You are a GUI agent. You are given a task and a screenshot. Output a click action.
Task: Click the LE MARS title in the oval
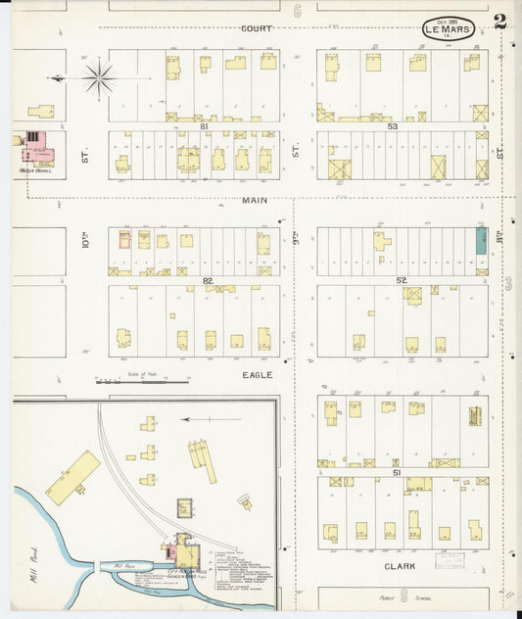click(x=449, y=28)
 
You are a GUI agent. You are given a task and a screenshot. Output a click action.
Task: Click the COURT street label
click(x=256, y=28)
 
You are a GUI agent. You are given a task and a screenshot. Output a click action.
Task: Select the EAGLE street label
click(x=256, y=374)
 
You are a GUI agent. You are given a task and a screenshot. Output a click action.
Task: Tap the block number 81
click(x=205, y=126)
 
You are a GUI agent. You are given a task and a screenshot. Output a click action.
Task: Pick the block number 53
click(x=393, y=126)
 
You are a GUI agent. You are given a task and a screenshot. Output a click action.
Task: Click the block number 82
click(x=207, y=280)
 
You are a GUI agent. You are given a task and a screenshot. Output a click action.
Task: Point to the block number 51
click(x=397, y=472)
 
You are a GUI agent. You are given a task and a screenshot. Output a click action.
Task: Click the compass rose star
click(x=99, y=76)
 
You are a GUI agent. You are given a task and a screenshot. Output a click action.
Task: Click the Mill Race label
click(x=123, y=565)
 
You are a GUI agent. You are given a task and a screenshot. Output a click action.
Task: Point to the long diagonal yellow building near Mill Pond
click(x=72, y=477)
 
